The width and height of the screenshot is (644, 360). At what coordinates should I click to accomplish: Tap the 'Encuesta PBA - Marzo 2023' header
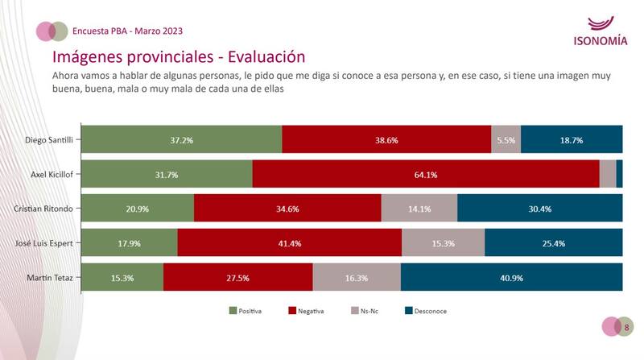(127, 31)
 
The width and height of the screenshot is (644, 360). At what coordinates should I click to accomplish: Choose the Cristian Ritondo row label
(47, 209)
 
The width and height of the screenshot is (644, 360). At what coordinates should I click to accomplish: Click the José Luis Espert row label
(46, 243)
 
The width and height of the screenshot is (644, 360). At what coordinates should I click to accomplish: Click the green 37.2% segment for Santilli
(182, 139)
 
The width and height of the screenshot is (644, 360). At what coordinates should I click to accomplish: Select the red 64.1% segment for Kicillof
(426, 174)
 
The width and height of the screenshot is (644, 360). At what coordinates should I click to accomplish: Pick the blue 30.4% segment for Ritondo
(540, 209)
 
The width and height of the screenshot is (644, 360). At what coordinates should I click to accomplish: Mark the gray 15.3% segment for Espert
(443, 243)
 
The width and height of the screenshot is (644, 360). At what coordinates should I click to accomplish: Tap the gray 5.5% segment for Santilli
(506, 139)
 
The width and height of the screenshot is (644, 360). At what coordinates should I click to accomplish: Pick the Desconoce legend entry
(426, 310)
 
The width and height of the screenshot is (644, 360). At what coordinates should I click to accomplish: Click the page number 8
(626, 327)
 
